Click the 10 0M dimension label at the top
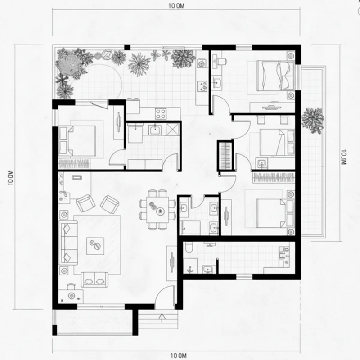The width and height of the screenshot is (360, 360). coord(176,6)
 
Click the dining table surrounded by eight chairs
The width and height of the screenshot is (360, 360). coord(157,210)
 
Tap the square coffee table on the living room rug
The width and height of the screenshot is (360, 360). coord(95,246)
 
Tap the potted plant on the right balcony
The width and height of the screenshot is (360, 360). coord(312,120)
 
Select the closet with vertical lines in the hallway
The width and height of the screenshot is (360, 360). coord(225,156)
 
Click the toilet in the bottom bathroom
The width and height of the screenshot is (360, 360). coord(189,247)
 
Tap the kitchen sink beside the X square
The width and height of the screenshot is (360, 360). coord(155,130)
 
